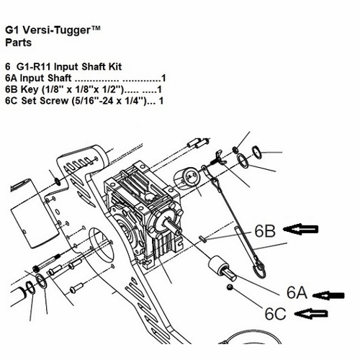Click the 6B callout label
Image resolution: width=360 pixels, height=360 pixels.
265,231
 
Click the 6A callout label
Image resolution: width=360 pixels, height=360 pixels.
297,292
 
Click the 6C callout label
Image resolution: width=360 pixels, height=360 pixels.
275,313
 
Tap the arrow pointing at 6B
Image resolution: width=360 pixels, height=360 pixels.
301,229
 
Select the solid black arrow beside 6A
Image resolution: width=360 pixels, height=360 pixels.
329,295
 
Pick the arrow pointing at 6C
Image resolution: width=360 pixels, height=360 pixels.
311,314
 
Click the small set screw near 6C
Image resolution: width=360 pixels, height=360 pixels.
230,287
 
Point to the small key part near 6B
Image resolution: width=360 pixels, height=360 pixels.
202,240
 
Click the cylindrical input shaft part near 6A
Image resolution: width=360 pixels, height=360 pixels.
222,269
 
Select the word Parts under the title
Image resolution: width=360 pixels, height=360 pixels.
19,42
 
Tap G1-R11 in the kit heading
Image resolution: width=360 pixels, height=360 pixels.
34,66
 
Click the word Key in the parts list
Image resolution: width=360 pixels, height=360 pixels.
30,90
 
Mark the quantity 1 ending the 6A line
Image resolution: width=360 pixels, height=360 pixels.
163,78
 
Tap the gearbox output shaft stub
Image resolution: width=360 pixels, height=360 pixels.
173,226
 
